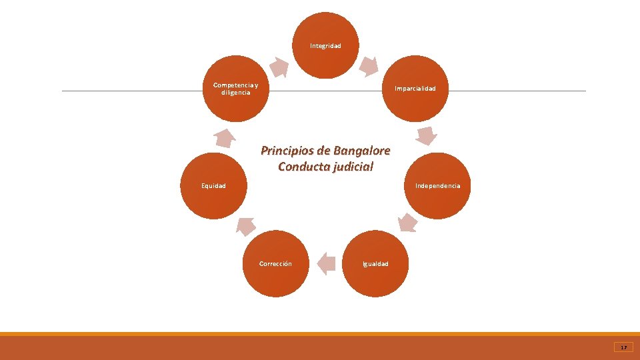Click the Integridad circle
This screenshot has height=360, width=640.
pos(325,45)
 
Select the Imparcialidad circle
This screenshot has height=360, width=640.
pos(415,88)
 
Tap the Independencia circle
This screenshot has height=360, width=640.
pos(437,185)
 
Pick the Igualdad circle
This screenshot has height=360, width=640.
pos(375,263)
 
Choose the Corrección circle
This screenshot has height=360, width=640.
pos(275,263)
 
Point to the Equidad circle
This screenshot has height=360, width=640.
pos(214,185)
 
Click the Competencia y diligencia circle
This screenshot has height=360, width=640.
pos(236,88)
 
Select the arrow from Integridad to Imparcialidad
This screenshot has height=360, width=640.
pos(369,66)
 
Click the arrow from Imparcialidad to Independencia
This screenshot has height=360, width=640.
pos(426,135)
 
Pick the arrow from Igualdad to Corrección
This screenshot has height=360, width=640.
pos(326,263)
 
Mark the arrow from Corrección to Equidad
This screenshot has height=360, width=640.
pos(245,226)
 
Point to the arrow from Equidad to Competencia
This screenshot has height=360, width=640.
pos(225,137)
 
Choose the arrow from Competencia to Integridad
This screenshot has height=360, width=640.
pos(279,66)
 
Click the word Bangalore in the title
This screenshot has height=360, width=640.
pos(358,150)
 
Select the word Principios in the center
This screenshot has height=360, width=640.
pos(285,150)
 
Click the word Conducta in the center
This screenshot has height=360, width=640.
pos(302,166)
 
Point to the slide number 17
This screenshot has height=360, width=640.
pos(623,347)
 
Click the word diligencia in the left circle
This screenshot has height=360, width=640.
pos(236,93)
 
